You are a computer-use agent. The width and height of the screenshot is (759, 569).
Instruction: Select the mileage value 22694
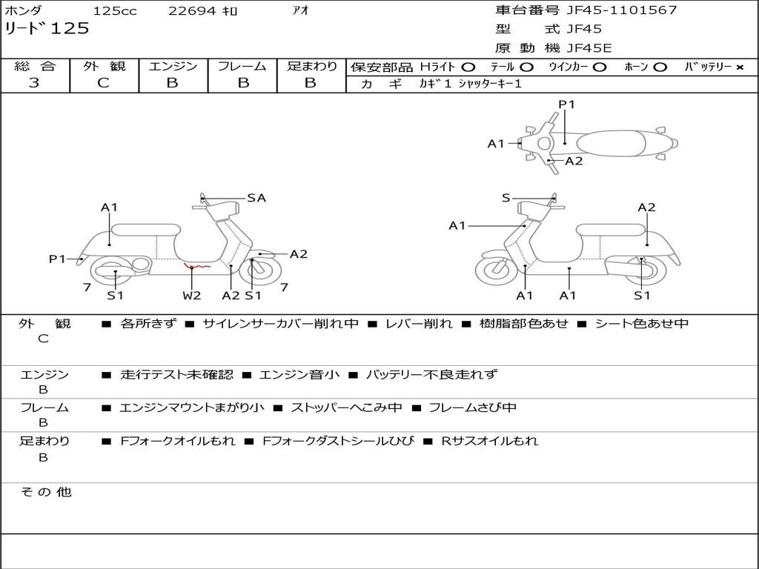pos(191,11)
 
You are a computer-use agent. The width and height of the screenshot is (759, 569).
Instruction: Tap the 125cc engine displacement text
pos(115,11)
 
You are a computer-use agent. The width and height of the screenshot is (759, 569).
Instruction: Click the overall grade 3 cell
pos(34,83)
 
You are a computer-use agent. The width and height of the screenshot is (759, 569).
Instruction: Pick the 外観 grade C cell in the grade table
pos(103,83)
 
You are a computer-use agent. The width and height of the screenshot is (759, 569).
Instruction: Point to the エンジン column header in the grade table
pos(173,66)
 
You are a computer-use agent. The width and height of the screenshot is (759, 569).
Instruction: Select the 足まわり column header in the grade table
pos(311,66)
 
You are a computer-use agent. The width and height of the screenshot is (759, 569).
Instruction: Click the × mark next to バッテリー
pos(739,67)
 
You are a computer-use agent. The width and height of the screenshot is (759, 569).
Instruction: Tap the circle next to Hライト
pos(468,67)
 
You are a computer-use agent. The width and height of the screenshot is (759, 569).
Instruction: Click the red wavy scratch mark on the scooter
pos(197,266)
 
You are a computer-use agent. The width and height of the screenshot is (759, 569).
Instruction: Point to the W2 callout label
pos(191,296)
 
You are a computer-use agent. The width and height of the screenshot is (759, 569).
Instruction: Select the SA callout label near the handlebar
pos(256,198)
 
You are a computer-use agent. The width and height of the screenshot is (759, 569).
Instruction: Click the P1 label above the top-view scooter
pos(566,104)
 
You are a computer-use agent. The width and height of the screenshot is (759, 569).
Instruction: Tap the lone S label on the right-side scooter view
pos(506,198)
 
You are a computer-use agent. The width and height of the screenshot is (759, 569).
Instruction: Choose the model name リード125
pos(47,29)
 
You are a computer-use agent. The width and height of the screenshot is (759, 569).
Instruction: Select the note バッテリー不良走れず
pos(431,375)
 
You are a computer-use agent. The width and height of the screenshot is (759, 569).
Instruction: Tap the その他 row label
pos(46,492)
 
